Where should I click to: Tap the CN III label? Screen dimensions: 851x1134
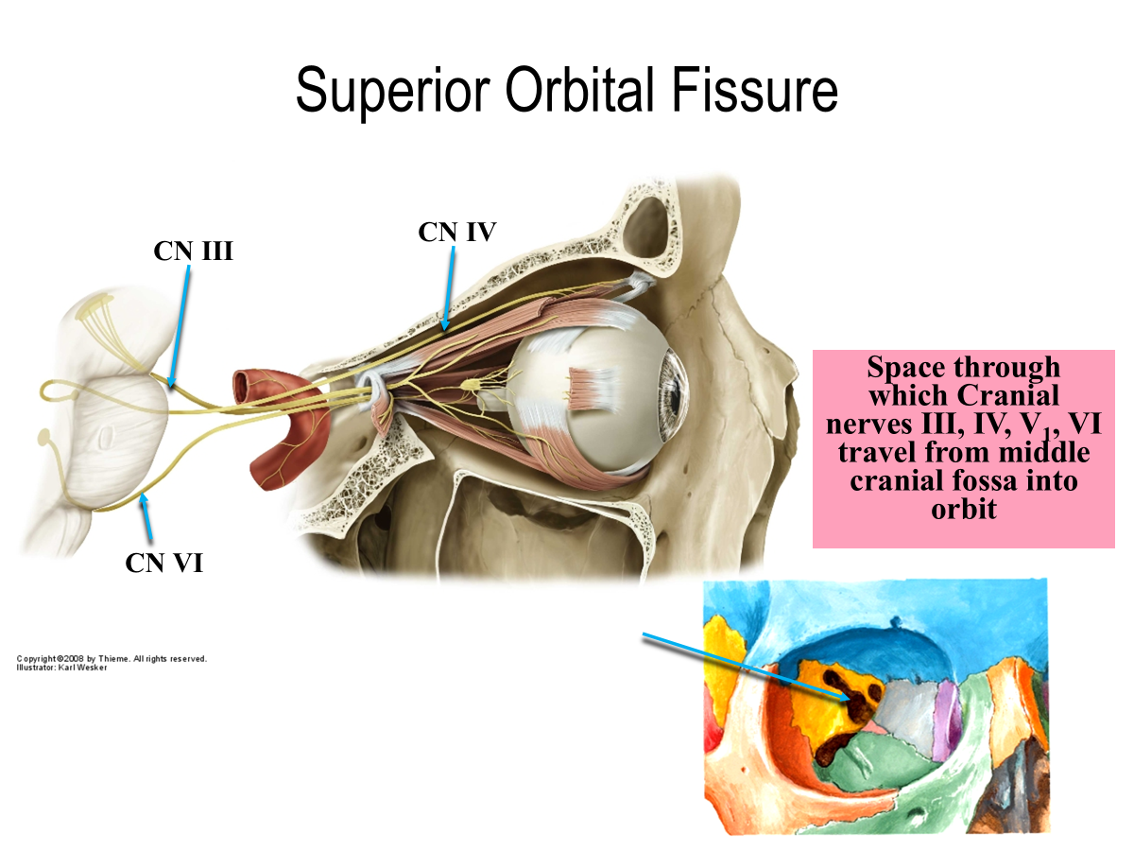(193, 251)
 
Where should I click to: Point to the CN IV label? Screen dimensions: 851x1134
(456, 232)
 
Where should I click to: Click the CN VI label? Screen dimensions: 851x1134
(163, 563)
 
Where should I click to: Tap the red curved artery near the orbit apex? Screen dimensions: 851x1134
(279, 416)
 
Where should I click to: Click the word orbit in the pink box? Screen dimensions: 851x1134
(964, 510)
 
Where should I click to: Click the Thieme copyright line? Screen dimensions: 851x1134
(112, 658)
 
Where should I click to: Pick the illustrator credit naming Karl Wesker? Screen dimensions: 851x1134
(62, 668)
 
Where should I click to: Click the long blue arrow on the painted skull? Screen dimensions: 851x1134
(747, 667)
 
